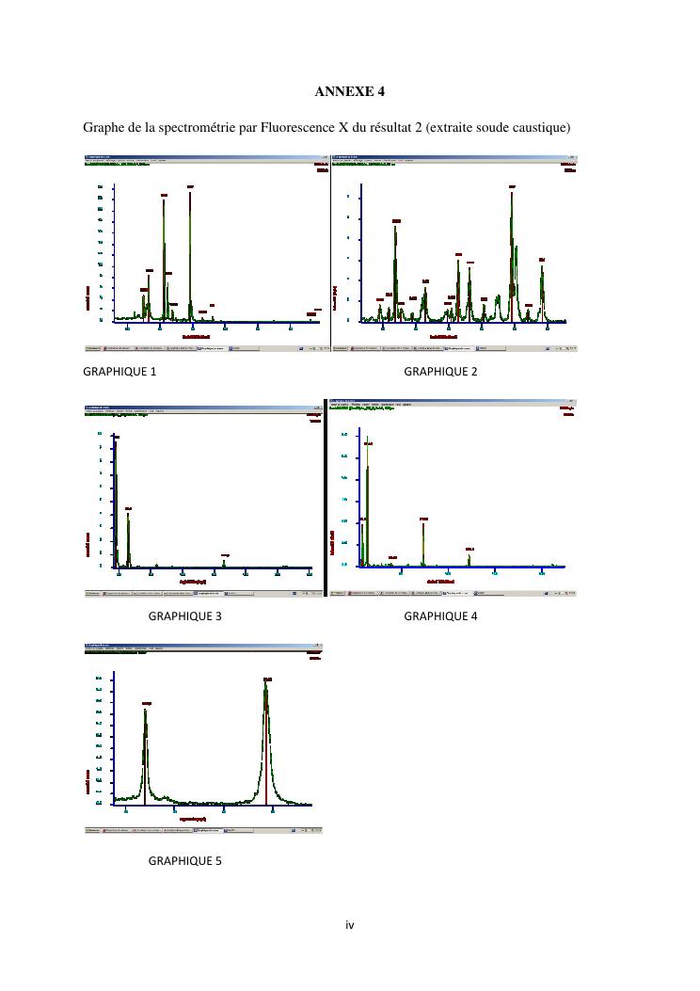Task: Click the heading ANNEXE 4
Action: pos(349,91)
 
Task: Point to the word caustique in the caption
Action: pos(540,127)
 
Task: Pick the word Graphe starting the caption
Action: pos(103,127)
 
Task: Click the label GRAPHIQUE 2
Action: pos(440,372)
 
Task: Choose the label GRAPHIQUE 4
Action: pos(440,616)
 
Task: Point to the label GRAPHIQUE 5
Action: pos(185,860)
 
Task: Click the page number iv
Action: pos(349,925)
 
